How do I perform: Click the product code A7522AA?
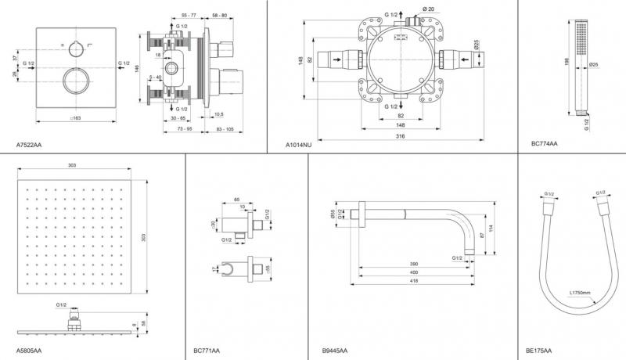30,145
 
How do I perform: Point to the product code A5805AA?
30,351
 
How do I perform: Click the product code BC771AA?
207,351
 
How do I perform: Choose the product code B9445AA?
335,351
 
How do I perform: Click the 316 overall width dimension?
400,135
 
